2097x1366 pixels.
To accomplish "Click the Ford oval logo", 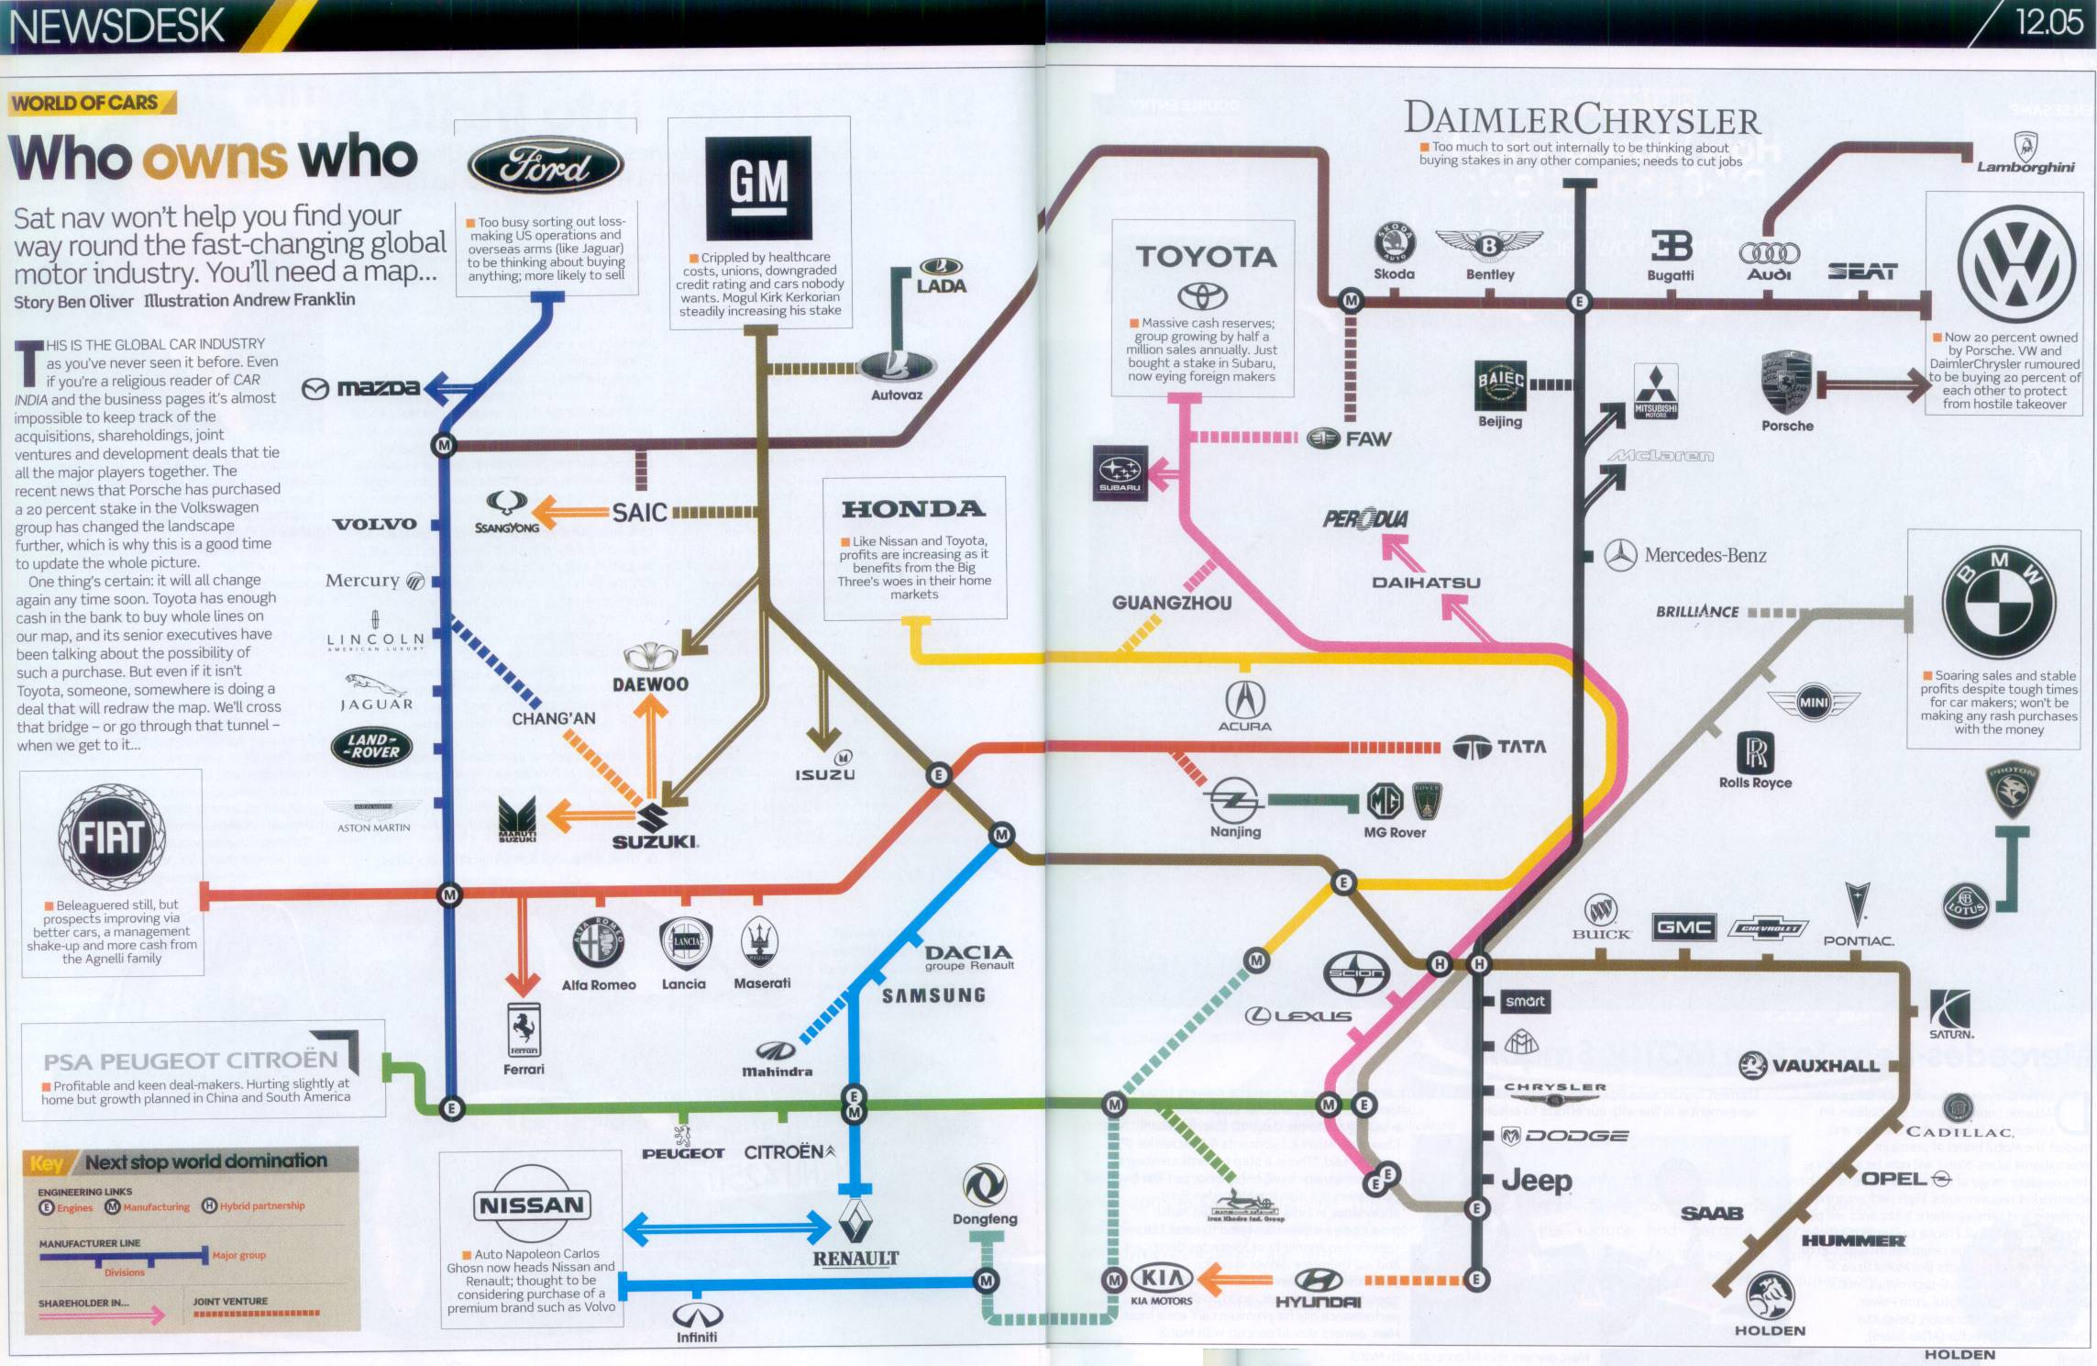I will click(546, 166).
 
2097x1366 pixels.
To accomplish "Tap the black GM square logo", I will click(758, 187).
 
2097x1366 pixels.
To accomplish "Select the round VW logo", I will click(2016, 264).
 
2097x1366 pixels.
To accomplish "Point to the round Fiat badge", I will click(112, 837).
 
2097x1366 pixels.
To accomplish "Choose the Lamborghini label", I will click(2025, 167).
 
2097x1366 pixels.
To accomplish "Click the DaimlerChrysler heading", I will click(1582, 119).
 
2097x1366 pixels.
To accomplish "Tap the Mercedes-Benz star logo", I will click(1620, 555).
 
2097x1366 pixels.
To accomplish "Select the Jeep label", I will click(1537, 1181).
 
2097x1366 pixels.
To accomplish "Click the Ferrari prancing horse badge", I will click(524, 1029).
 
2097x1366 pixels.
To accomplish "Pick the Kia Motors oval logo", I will click(1162, 1277).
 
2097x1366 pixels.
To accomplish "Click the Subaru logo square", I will click(1120, 472).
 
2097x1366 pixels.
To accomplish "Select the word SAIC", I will click(639, 512).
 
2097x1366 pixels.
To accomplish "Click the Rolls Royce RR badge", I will click(1755, 752).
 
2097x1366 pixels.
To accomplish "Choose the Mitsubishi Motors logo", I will click(1656, 391).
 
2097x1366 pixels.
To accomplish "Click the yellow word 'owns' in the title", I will click(215, 158).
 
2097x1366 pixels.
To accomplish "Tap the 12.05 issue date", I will click(2047, 22).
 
